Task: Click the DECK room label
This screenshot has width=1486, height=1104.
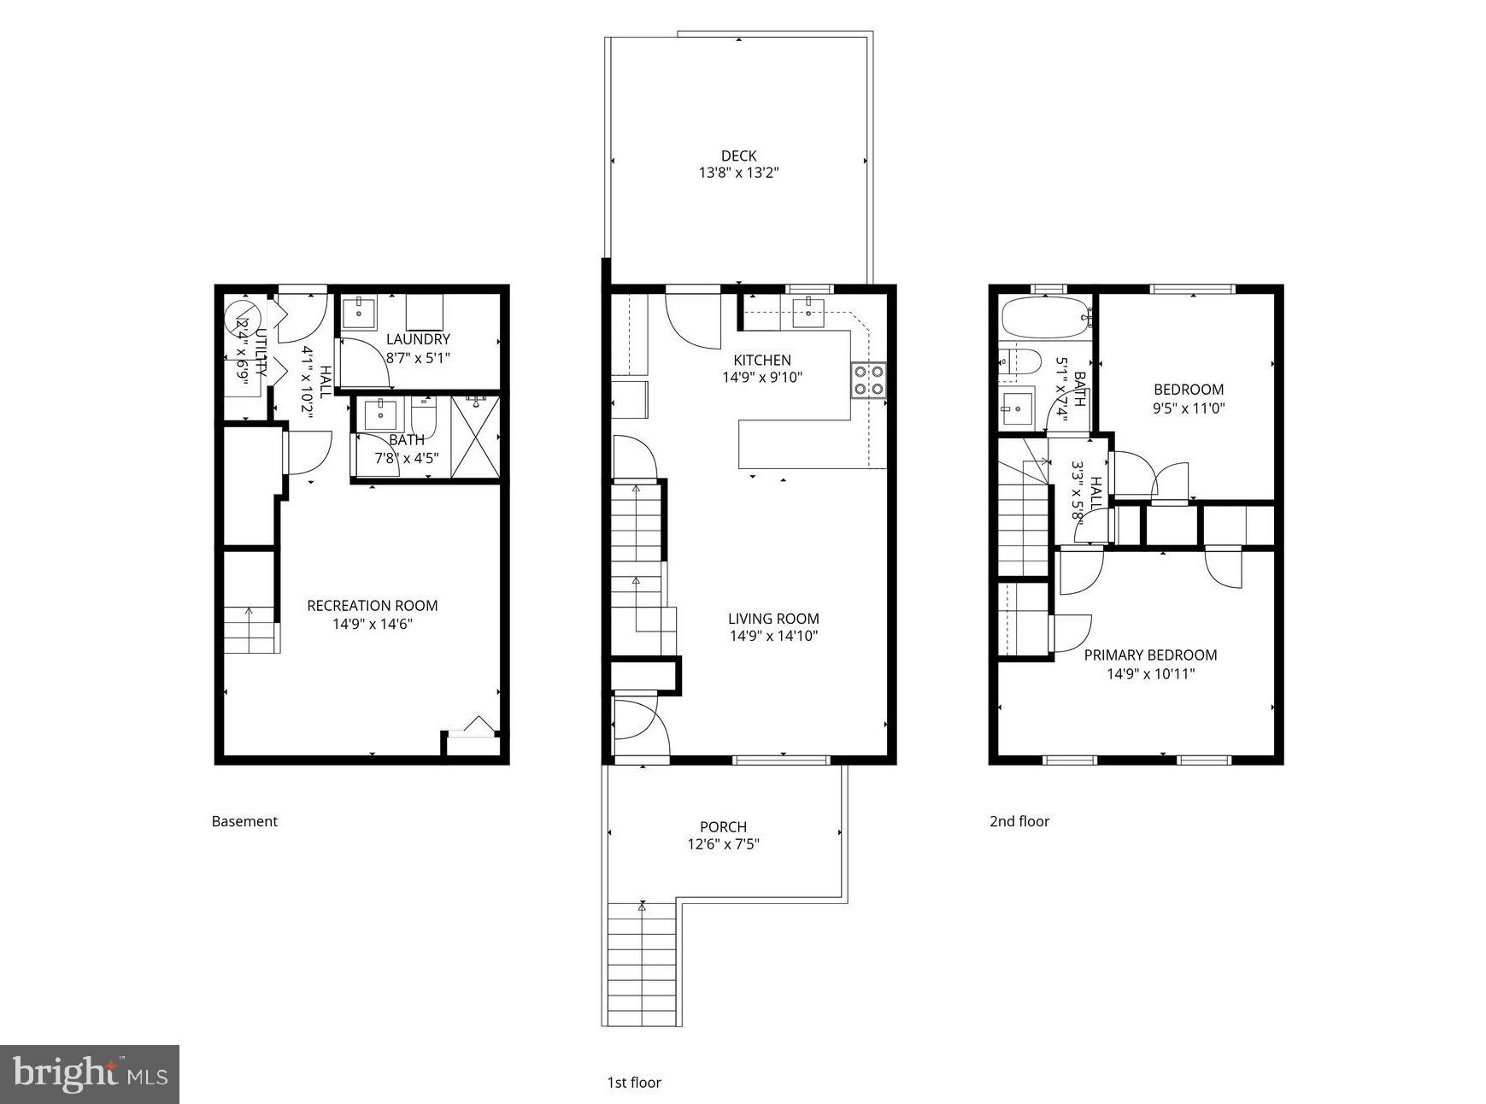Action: click(738, 156)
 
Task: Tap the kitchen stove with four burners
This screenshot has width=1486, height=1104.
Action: click(868, 380)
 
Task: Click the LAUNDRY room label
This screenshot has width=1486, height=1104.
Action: click(417, 339)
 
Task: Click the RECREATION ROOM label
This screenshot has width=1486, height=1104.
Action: click(372, 606)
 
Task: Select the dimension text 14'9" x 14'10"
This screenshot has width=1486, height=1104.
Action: click(773, 636)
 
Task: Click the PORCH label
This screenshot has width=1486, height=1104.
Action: click(723, 826)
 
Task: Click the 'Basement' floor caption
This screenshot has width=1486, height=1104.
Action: click(244, 821)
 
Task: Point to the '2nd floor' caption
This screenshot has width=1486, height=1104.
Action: click(1019, 821)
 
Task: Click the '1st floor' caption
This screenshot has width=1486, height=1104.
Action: click(634, 1083)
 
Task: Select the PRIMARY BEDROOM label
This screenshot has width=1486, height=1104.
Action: click(1149, 655)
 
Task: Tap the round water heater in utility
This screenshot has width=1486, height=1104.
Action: click(241, 319)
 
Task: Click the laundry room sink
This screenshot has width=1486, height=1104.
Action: click(359, 313)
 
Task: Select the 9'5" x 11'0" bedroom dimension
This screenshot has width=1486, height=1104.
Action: click(1189, 408)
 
